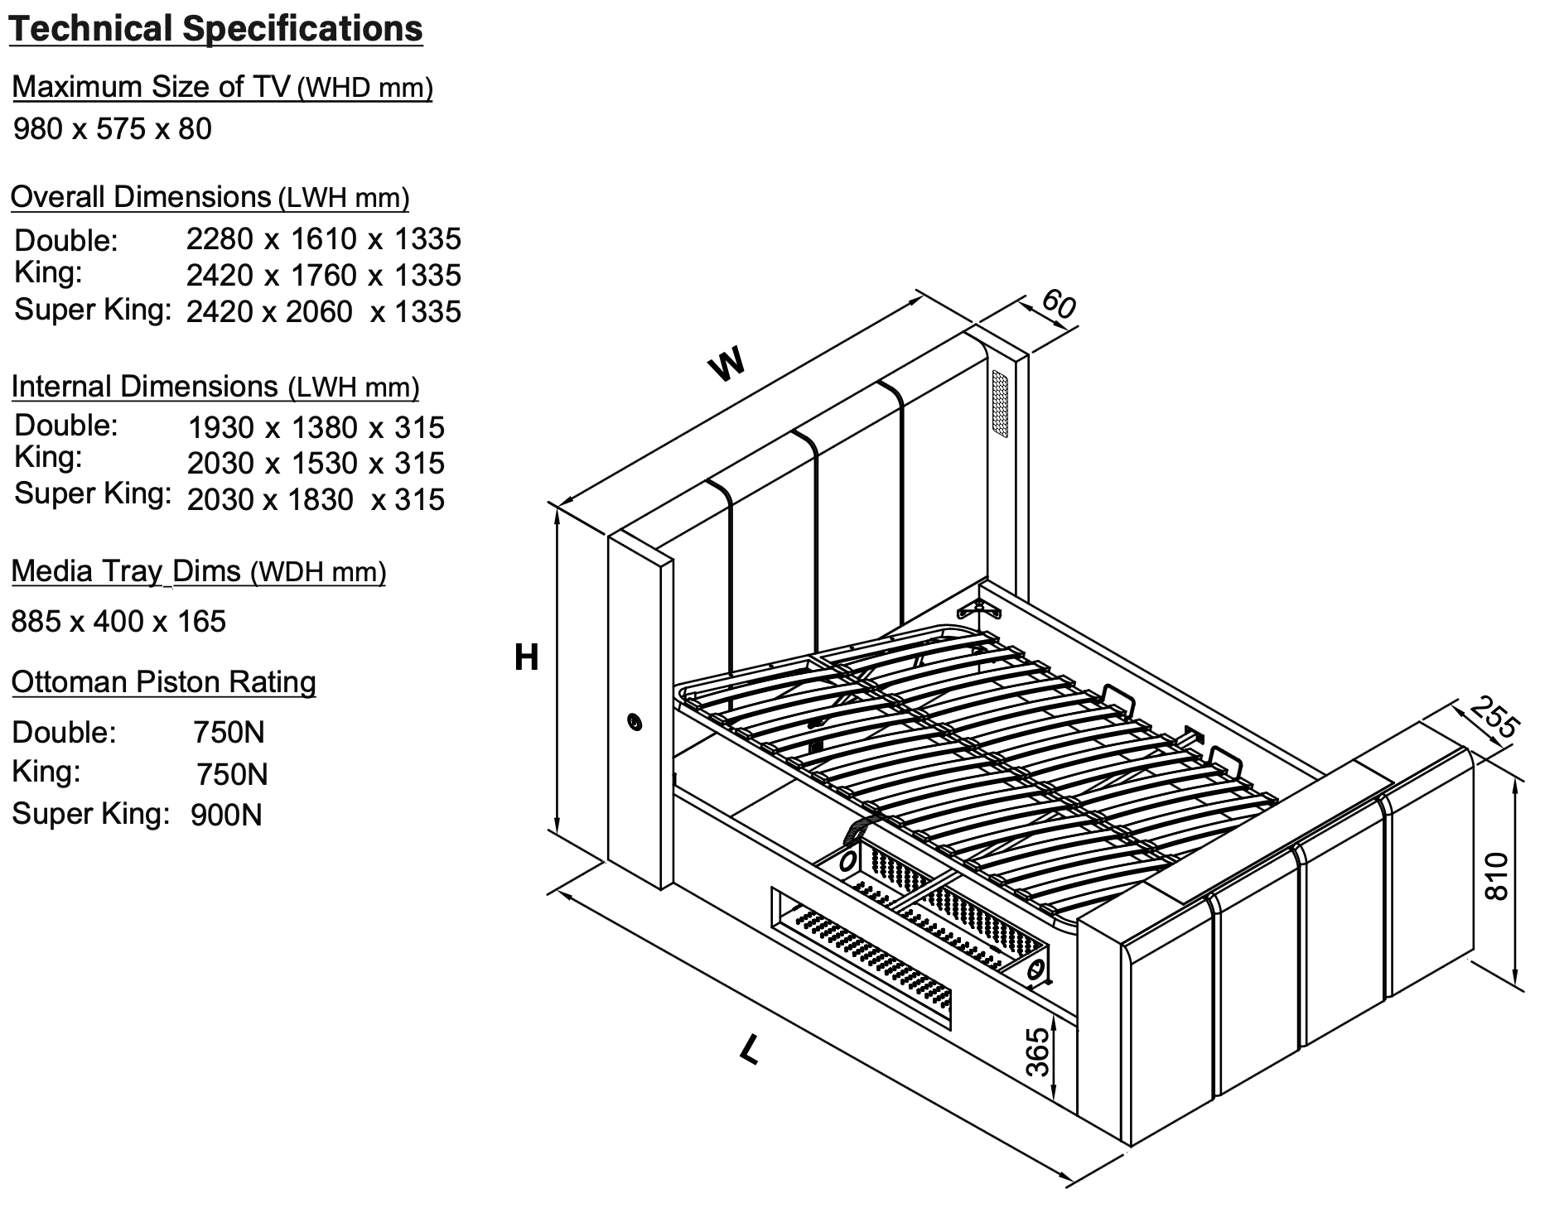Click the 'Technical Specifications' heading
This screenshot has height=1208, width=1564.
point(215,29)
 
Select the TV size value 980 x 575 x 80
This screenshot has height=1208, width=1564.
point(113,129)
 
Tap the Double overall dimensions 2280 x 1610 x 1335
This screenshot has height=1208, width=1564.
point(323,239)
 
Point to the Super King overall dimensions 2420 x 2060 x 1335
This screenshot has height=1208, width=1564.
point(323,312)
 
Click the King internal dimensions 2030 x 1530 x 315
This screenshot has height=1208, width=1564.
point(316,464)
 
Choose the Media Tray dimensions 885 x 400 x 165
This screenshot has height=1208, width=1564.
point(118,622)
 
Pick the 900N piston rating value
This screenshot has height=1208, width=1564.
point(226,816)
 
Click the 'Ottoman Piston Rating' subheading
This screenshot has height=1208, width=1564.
point(163,682)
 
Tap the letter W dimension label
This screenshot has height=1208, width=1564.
point(727,363)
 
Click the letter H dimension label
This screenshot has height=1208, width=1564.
point(527,658)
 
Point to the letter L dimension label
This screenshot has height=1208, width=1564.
point(750,1051)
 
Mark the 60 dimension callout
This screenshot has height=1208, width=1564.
point(1058,304)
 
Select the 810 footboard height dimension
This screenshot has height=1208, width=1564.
point(1499,876)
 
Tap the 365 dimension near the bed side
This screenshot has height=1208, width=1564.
point(1038,1052)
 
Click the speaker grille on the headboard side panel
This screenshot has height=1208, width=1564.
point(1001,406)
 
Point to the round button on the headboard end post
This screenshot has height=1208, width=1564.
point(635,723)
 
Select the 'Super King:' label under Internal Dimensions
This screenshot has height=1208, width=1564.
point(93,494)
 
